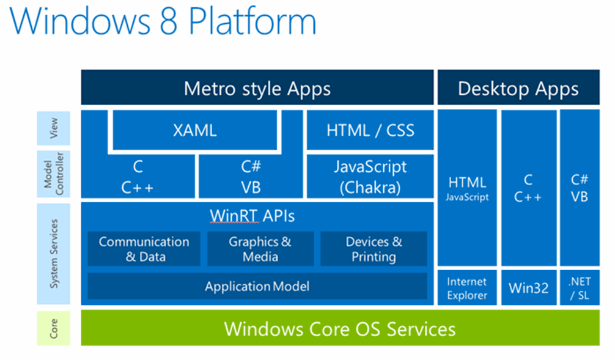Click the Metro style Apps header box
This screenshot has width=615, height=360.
(x=257, y=89)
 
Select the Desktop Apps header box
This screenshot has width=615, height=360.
(x=518, y=89)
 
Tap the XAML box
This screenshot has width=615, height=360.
(x=194, y=130)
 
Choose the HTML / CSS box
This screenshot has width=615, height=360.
(x=370, y=130)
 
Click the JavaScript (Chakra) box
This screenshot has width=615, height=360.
(x=370, y=177)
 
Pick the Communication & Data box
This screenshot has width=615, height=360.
(x=144, y=249)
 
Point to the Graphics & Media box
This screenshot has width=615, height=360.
(x=260, y=249)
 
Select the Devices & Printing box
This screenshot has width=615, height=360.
(x=374, y=249)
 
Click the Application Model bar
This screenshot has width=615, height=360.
(x=257, y=286)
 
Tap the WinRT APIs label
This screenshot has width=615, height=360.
(x=252, y=216)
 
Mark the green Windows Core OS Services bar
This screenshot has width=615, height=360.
(x=340, y=329)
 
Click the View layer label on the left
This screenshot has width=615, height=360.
(x=54, y=129)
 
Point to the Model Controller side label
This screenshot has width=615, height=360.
(x=54, y=175)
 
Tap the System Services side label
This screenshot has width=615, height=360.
(x=54, y=254)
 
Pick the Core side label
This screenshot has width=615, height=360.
(x=54, y=328)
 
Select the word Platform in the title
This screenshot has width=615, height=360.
(x=252, y=21)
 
